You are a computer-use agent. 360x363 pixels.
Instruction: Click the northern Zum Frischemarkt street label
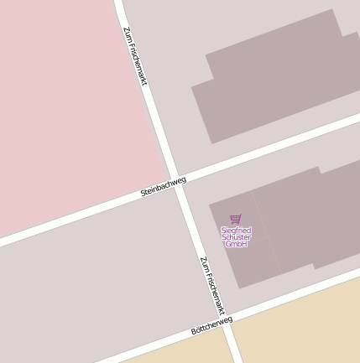(135, 55)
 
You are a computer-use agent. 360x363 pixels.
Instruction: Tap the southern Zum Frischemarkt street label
(212, 286)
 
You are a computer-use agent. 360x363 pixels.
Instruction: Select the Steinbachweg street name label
(163, 186)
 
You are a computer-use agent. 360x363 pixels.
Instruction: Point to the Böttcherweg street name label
(211, 325)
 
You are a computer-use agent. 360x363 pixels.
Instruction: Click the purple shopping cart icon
(236, 219)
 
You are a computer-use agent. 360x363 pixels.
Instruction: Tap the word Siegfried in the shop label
(236, 229)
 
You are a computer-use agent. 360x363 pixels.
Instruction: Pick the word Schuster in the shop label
(236, 236)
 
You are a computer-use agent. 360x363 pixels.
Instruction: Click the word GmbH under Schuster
(236, 244)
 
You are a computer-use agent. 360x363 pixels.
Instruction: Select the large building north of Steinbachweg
(277, 80)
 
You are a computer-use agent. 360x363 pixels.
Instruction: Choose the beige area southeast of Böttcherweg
(302, 327)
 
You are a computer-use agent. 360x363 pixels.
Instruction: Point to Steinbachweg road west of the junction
(76, 217)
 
